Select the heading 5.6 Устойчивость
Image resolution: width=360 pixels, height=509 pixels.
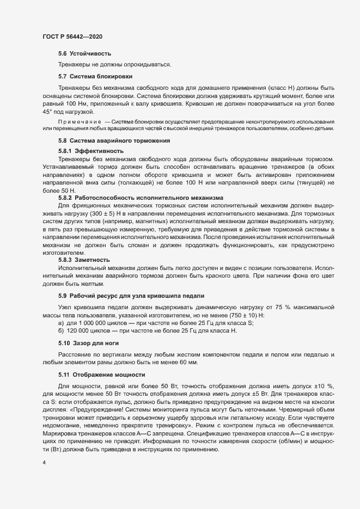tap(84, 53)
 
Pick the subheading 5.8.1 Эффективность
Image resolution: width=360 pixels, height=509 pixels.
tap(90, 150)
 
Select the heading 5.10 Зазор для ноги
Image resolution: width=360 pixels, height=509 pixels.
tap(89, 344)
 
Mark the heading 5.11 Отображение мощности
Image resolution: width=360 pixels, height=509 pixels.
tap(101, 375)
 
